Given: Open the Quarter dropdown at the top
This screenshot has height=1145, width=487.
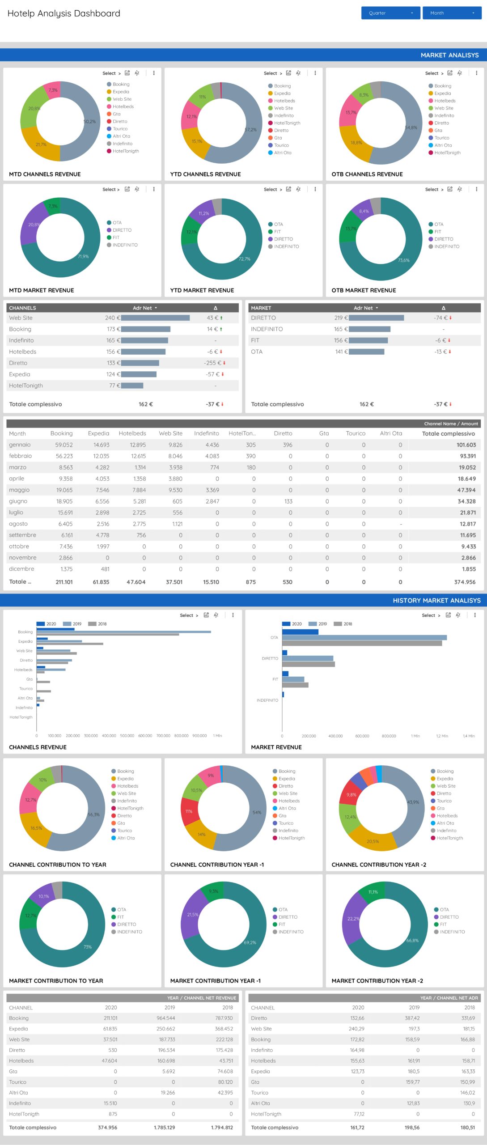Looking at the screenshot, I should (390, 13).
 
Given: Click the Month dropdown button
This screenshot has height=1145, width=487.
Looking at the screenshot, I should (452, 13).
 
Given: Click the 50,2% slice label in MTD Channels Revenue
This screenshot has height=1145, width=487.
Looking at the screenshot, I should (89, 122).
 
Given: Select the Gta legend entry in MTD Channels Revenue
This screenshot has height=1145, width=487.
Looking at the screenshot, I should (117, 114).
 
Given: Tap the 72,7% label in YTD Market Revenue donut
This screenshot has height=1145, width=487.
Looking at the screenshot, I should (244, 259).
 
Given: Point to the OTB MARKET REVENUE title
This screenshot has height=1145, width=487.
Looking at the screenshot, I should (364, 290).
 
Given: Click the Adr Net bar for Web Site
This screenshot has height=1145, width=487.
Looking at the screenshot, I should (155, 318).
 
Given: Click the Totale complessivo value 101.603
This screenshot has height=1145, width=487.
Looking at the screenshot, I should (466, 445).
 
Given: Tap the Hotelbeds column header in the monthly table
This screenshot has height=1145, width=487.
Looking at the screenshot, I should (132, 433).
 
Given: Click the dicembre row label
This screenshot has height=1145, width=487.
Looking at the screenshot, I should (21, 569).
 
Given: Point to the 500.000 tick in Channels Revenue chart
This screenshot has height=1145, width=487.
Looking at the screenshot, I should (127, 736).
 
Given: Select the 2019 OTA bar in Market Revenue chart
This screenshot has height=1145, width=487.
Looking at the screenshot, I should (364, 638).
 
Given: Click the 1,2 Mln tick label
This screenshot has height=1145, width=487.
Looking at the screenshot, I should (442, 736).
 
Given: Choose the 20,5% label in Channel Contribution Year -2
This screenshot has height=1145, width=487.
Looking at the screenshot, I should (373, 841).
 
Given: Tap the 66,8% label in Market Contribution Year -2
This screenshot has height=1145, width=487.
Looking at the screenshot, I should (412, 941).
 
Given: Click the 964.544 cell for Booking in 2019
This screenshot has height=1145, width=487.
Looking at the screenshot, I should (165, 1018).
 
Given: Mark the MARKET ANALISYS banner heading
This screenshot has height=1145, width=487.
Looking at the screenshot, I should (449, 55).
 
